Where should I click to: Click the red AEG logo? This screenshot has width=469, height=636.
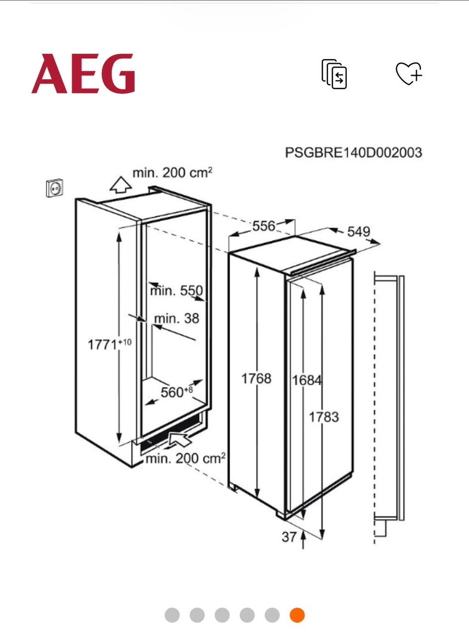coord(83,74)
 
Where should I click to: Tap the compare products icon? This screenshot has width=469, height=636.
coord(334,74)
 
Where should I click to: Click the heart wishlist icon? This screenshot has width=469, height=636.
coord(409,73)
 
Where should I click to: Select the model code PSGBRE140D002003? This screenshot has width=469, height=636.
coord(353,153)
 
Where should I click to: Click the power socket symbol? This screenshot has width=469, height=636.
coord(55,188)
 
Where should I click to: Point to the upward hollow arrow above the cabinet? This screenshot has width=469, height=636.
coord(121,185)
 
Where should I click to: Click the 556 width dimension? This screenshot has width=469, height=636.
coord(264,226)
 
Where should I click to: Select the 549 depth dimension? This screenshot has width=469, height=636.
coord(359,232)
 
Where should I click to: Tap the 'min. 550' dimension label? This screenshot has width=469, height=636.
coord(176,291)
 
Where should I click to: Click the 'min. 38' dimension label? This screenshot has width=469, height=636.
coord(176,318)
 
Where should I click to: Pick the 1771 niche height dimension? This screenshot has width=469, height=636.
coord(110,344)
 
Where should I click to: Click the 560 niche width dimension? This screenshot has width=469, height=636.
coord(176,392)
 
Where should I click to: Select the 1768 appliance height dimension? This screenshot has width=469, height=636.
coord(256,379)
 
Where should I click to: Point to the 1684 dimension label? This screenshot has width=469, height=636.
coord(307,380)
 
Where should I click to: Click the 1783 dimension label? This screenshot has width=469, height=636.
coord(324,417)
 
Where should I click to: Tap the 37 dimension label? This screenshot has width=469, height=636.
coord(289,537)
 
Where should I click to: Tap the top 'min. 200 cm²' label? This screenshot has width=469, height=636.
coord(172,172)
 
